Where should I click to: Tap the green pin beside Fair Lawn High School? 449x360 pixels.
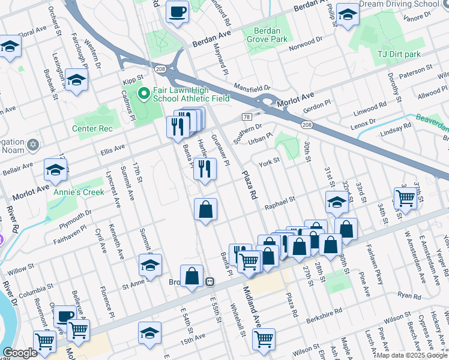(143, 94)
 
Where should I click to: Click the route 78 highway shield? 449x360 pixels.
(247, 116)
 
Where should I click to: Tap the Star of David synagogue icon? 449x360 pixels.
(32, 145)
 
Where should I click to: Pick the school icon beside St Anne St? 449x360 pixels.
(150, 264)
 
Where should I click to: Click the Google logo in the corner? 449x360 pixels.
(20, 353)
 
